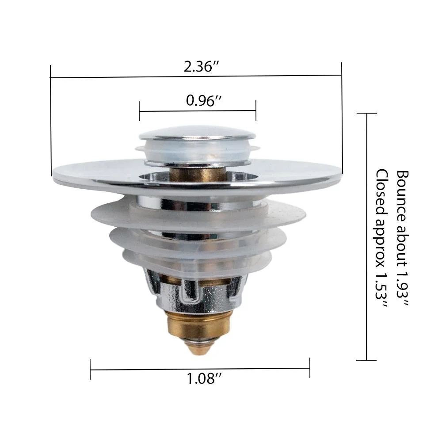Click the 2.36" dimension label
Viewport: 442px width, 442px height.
(201, 67)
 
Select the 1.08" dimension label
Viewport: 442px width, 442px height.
(204, 378)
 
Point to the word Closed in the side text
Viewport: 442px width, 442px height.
(382, 191)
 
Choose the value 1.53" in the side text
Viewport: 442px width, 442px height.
(382, 290)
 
